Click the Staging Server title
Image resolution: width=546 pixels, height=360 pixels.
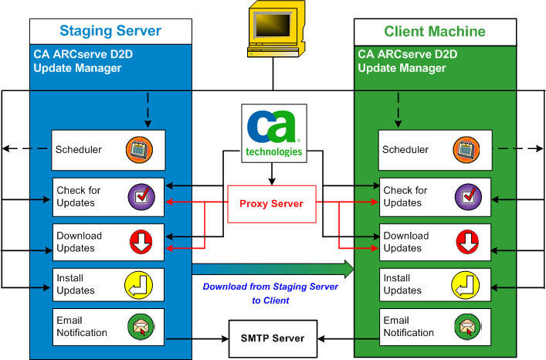(x=110, y=31)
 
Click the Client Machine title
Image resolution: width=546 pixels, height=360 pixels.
(x=435, y=31)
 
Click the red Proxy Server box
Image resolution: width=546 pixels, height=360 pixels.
(x=273, y=204)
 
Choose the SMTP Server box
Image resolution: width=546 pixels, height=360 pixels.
(x=273, y=338)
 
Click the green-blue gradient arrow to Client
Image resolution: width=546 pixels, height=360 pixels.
(x=273, y=268)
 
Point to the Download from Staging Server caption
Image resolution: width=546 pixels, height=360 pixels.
(x=270, y=293)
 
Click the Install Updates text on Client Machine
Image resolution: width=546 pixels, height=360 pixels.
(x=402, y=284)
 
